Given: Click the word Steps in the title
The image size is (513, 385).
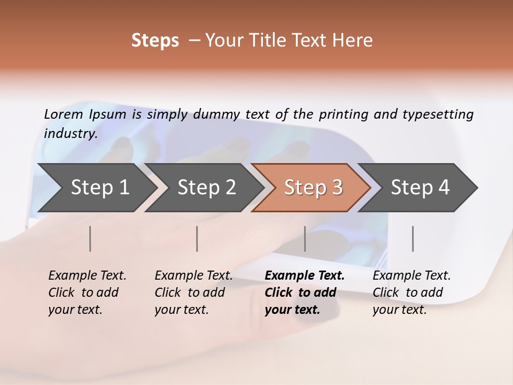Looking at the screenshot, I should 155,41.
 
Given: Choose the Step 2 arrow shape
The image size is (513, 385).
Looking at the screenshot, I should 206,187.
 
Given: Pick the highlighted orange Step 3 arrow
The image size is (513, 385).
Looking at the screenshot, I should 313,187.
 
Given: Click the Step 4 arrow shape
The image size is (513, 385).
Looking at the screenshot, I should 419,187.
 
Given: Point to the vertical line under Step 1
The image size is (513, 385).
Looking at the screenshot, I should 90,238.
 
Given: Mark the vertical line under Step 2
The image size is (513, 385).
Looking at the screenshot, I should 197,238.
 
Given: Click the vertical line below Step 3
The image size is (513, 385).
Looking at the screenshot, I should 305,238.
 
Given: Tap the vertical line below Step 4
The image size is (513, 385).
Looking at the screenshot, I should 413,238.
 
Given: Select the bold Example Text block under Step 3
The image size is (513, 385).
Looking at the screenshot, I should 305,292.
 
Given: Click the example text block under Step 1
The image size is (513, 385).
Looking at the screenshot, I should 87,292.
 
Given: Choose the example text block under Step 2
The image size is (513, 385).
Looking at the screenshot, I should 193,292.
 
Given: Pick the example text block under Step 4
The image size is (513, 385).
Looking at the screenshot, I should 411,292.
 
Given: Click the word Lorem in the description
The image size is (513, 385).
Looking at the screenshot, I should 64,114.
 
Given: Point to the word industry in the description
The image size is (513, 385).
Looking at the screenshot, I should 70,133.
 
